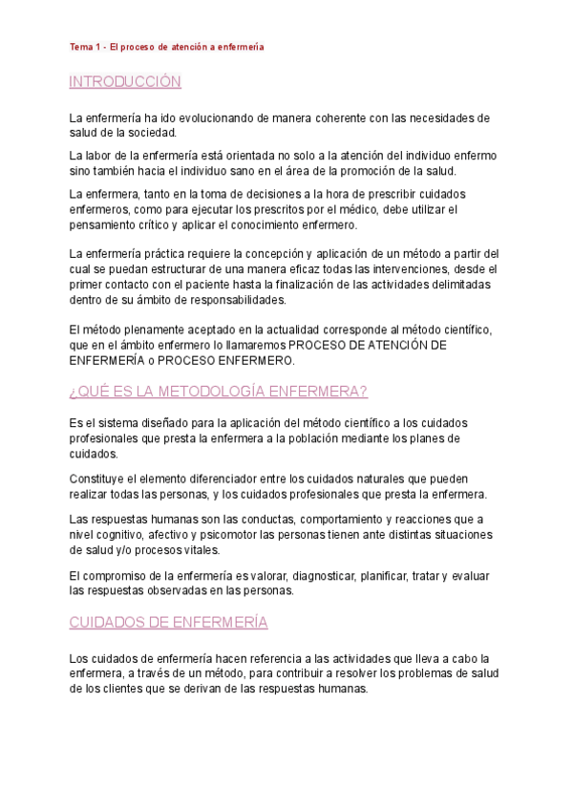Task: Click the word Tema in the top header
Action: [79, 46]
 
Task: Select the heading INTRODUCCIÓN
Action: [125, 82]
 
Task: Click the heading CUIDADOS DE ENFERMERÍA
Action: [168, 622]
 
